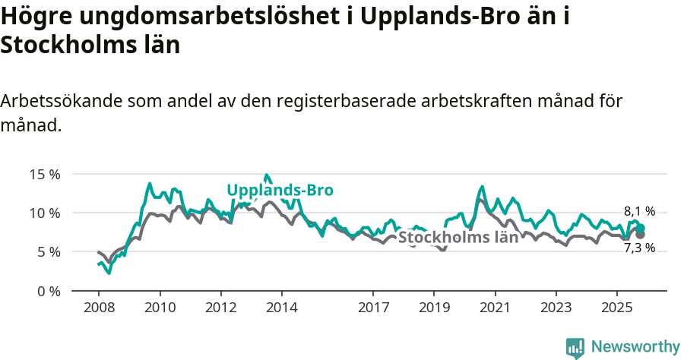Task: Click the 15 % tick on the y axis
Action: pyautogui.click(x=45, y=174)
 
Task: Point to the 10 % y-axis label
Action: pyautogui.click(x=45, y=213)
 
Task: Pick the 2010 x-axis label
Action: pyautogui.click(x=160, y=308)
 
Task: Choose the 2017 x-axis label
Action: pyautogui.click(x=372, y=308)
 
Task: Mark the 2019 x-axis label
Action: pyautogui.click(x=434, y=308)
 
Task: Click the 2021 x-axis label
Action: pyautogui.click(x=495, y=308)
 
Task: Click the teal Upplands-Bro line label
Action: pyautogui.click(x=280, y=191)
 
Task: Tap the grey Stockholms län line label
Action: pyautogui.click(x=458, y=237)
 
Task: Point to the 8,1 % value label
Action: pyautogui.click(x=639, y=212)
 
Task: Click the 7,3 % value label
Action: pyautogui.click(x=639, y=248)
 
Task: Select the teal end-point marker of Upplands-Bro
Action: pyautogui.click(x=640, y=228)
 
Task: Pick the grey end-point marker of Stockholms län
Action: pyautogui.click(x=640, y=235)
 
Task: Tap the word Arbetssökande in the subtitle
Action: pyautogui.click(x=62, y=101)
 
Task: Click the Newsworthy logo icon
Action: pyautogui.click(x=575, y=347)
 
